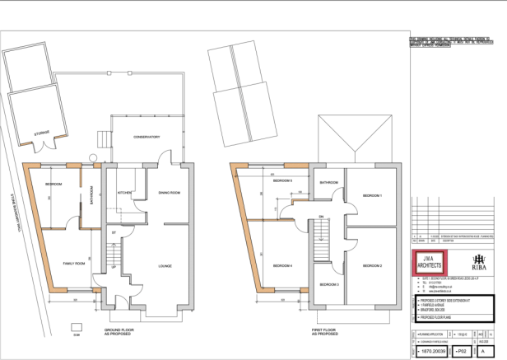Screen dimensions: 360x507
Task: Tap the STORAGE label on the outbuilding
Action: pyautogui.click(x=41, y=132)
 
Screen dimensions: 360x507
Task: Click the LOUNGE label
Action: pyautogui.click(x=165, y=265)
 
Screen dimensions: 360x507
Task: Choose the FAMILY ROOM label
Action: pyautogui.click(x=75, y=264)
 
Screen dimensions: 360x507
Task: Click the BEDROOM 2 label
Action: pyautogui.click(x=372, y=265)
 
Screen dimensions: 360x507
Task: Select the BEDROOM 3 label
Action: pyautogui.click(x=330, y=284)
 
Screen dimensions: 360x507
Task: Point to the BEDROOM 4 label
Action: pyautogui.click(x=283, y=265)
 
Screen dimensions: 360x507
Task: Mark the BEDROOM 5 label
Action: pyautogui.click(x=283, y=180)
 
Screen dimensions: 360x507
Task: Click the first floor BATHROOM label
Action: pyautogui.click(x=329, y=181)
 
